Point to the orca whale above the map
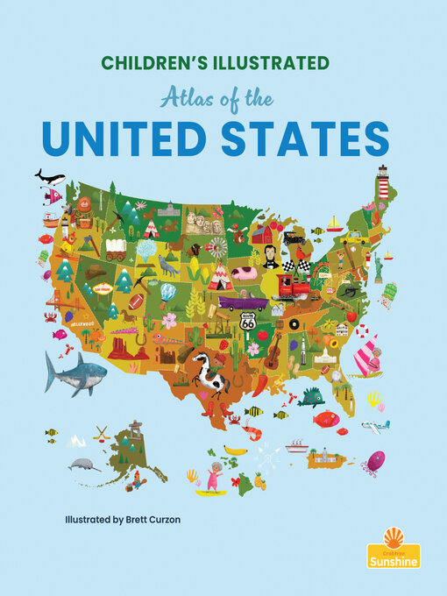tap(49, 177)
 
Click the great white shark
tap(75, 372)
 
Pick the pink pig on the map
tap(243, 273)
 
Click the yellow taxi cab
tap(354, 238)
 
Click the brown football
tap(136, 301)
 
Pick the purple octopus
tap(374, 460)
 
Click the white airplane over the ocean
tap(374, 427)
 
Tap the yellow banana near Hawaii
tap(234, 450)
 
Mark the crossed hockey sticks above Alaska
tap(102, 433)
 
